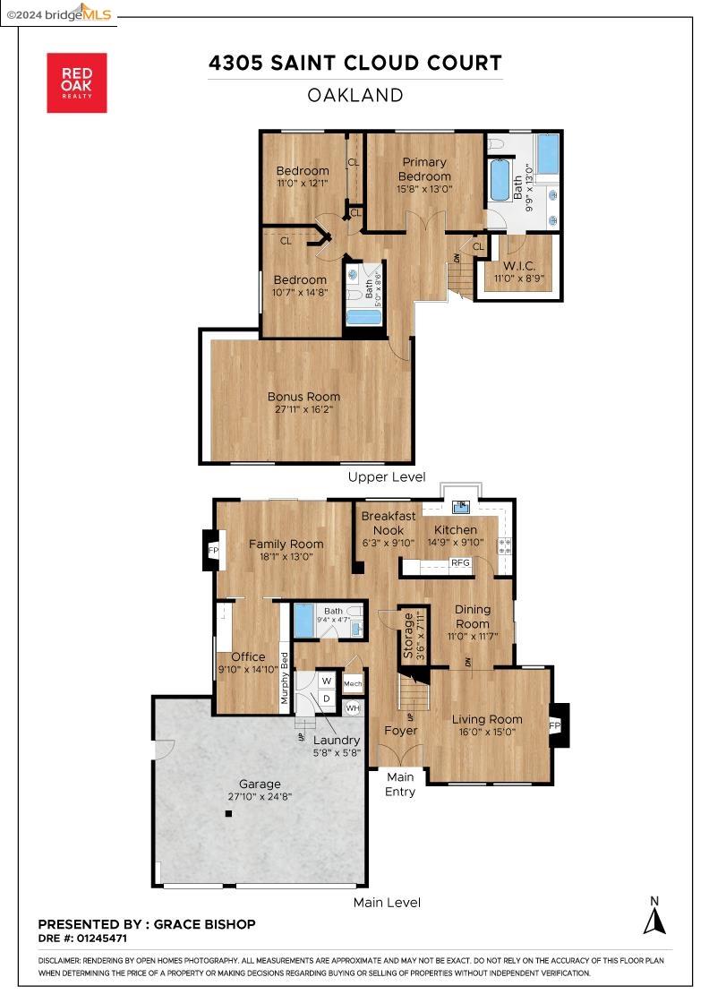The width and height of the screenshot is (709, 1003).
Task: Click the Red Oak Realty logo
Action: coord(77,82)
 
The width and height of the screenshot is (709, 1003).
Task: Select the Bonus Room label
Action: coord(303,397)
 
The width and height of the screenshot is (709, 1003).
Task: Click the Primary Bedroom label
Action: coord(424,169)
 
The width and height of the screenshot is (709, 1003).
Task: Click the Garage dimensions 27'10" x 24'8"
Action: coord(260,796)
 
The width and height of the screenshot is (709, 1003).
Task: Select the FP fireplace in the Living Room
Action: coord(554,724)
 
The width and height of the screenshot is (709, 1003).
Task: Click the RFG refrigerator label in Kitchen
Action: coord(460,563)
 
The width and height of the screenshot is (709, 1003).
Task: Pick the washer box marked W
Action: coord(327,681)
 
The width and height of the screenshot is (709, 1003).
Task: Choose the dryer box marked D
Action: coord(327,698)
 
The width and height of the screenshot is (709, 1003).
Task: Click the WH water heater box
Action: coord(353,707)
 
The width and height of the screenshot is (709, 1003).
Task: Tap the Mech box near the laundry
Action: coord(353,685)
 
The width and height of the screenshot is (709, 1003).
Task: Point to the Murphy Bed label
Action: coord(286,678)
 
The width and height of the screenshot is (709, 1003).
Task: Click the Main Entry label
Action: coord(400,784)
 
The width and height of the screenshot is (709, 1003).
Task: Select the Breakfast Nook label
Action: coord(388,523)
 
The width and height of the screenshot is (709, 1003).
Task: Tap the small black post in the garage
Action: coord(228,814)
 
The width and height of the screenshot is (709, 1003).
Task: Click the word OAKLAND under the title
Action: coord(354,95)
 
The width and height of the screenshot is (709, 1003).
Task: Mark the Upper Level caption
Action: coord(387,477)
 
